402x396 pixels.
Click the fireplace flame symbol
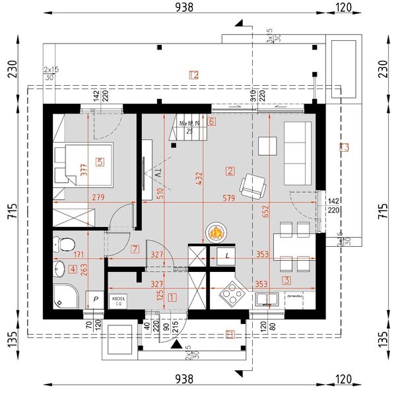coord(216,232)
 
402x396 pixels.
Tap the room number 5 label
coord(100,161)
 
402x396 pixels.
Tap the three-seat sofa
coord(297,153)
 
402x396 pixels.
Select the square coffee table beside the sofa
coord(268,145)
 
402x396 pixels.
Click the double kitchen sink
coord(270,299)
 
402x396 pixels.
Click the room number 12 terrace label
coord(193,75)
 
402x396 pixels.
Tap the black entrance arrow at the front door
coord(175,344)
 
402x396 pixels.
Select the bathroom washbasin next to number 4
coord(60,269)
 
